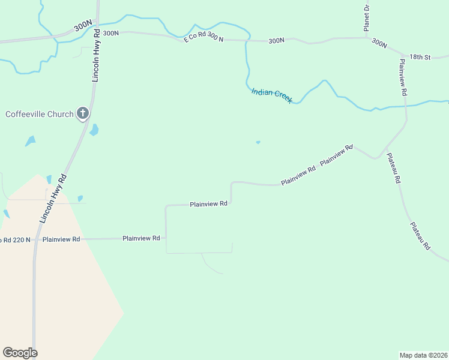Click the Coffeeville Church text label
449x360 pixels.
pos(39,114)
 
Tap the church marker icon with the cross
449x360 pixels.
pos(83,113)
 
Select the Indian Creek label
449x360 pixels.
pos(271,95)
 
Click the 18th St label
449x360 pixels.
pos(420,57)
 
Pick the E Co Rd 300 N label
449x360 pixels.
pos(203,38)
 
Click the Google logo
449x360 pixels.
pos(20,353)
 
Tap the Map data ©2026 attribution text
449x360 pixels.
pos(423,355)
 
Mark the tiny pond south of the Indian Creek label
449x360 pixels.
pos(258,142)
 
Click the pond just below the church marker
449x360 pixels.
pos(94,130)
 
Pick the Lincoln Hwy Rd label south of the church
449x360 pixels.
pos(52,199)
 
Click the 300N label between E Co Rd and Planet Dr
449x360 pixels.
pos(276,41)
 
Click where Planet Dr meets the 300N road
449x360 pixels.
pos(366,38)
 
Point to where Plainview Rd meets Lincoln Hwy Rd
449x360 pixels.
pos(35,239)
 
